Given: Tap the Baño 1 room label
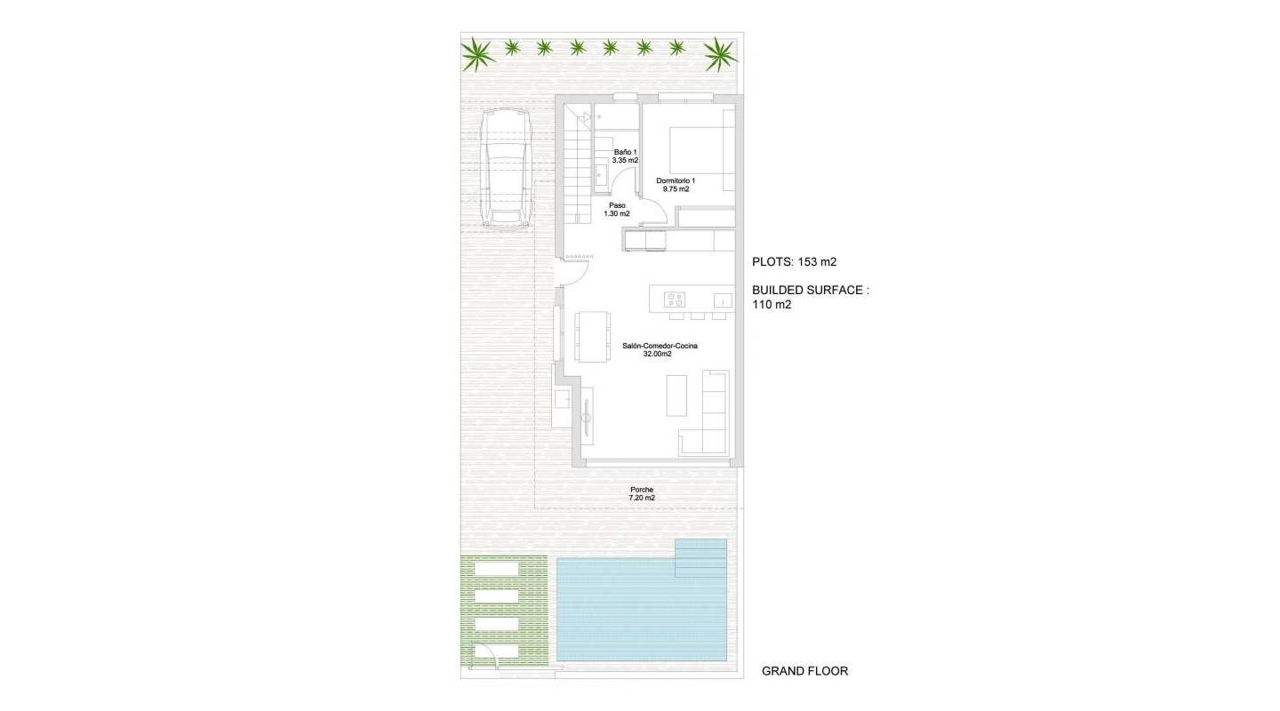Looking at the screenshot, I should [x=625, y=156].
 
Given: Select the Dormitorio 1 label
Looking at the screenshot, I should [x=676, y=185].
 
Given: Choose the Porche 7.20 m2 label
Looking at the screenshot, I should [x=642, y=494].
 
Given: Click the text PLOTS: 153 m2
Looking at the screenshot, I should [x=794, y=262].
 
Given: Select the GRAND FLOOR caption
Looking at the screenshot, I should [x=804, y=671].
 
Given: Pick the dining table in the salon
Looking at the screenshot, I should [x=592, y=336].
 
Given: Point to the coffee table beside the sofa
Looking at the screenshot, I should [x=677, y=395].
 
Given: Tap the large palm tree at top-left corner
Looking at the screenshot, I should [x=479, y=54].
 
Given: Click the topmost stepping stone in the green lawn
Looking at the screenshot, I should [x=496, y=570].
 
